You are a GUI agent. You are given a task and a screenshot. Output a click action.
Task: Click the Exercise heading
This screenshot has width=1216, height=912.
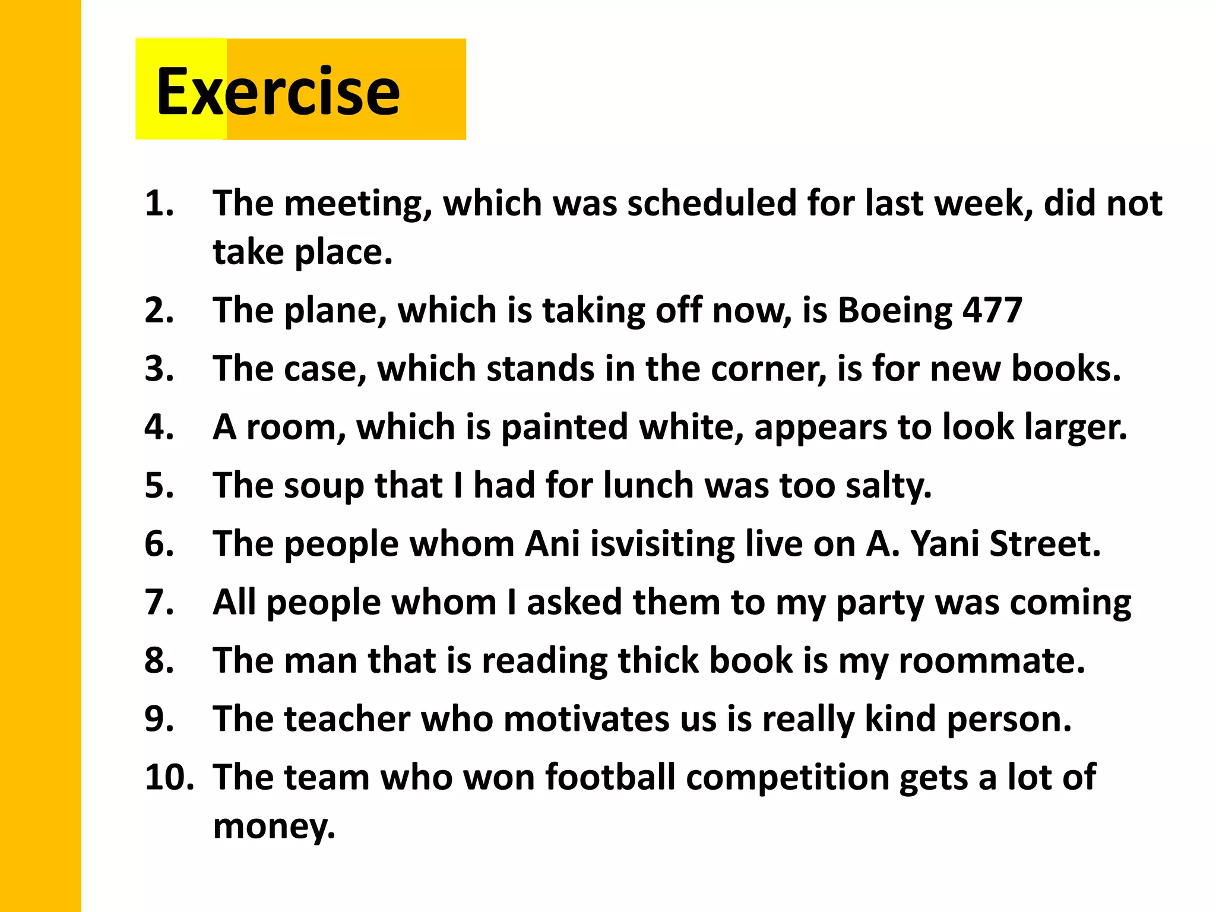278,92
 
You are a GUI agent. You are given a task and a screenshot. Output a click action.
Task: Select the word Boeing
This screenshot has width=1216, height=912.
895,311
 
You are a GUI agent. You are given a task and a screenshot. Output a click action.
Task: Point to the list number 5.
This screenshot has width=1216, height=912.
159,485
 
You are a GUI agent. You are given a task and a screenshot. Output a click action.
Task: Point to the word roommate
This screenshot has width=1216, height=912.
992,660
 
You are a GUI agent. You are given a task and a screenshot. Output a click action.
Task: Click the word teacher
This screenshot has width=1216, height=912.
347,718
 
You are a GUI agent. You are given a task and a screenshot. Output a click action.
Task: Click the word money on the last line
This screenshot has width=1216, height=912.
274,826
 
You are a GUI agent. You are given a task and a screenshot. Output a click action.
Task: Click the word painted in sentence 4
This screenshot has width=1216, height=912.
565,427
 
